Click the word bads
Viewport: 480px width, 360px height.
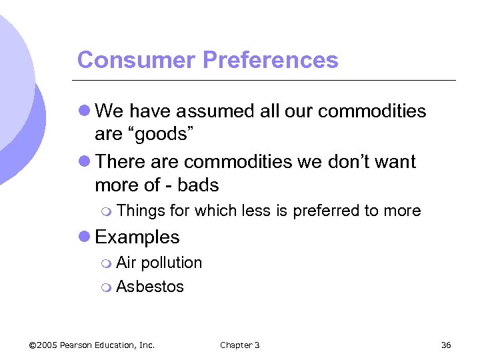point(197,185)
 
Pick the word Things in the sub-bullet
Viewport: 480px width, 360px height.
point(141,211)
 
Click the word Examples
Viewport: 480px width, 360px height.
point(137,237)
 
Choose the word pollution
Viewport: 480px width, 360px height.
point(171,263)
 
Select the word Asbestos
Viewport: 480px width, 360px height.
point(150,287)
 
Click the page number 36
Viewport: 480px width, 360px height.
point(446,345)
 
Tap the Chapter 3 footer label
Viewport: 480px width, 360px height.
point(240,345)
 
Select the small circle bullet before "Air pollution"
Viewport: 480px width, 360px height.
point(108,263)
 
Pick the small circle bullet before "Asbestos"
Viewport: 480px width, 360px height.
point(108,287)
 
